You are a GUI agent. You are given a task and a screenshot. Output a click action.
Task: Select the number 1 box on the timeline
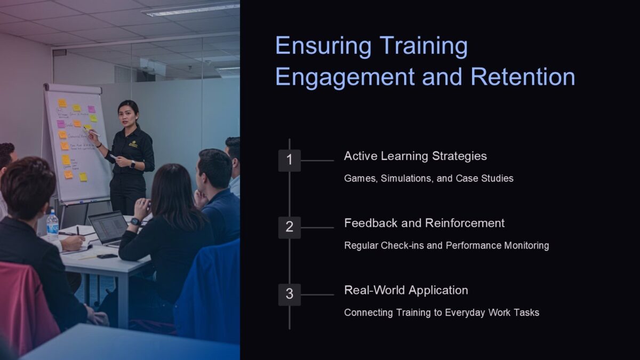click(289, 160)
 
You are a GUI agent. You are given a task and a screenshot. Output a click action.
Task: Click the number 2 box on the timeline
click(289, 227)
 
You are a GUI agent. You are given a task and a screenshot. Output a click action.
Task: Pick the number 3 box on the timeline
click(289, 294)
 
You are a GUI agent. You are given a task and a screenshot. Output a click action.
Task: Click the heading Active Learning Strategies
click(415, 156)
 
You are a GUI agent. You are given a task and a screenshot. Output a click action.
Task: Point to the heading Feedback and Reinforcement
click(424, 223)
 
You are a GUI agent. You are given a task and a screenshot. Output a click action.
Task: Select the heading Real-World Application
click(406, 291)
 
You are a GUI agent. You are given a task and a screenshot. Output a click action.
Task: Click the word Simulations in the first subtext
click(407, 179)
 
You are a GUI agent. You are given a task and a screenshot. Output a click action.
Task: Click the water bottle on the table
click(52, 223)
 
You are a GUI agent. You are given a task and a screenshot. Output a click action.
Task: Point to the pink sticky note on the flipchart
click(61, 124)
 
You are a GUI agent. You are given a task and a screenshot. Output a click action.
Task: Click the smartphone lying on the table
click(107, 256)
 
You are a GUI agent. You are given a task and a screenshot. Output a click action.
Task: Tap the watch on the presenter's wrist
click(132, 164)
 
